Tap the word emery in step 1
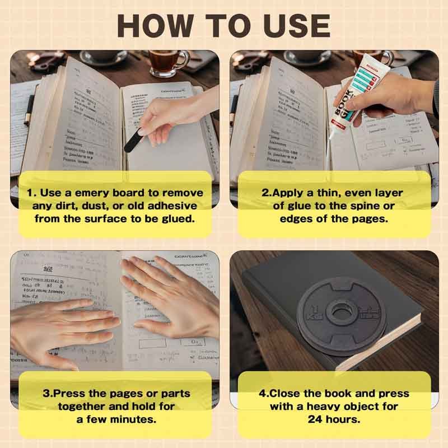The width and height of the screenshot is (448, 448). coord(86,192)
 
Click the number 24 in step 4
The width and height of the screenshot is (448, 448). coord(317,419)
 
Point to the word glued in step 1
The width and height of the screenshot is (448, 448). coord(176,218)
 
